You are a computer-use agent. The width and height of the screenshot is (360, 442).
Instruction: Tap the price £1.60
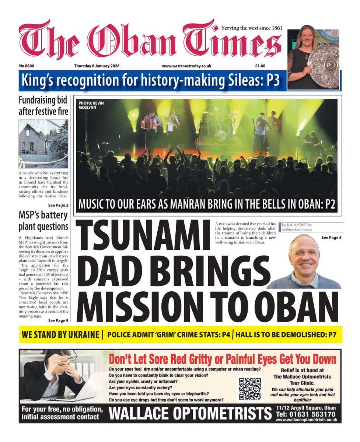pos(260,66)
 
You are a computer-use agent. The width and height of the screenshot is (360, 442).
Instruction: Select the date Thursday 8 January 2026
pos(97,66)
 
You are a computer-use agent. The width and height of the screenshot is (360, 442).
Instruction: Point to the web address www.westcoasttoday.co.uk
pos(186,66)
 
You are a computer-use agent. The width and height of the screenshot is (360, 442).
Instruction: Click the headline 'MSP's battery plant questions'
pos(43,221)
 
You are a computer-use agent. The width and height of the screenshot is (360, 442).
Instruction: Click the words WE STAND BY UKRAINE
pos(61,335)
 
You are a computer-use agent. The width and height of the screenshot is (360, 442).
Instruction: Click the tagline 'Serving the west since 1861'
pos(252,28)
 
